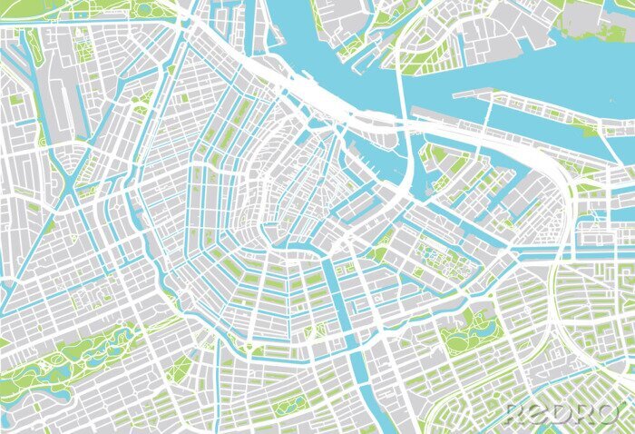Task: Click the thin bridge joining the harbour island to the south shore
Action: coord(490,107)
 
